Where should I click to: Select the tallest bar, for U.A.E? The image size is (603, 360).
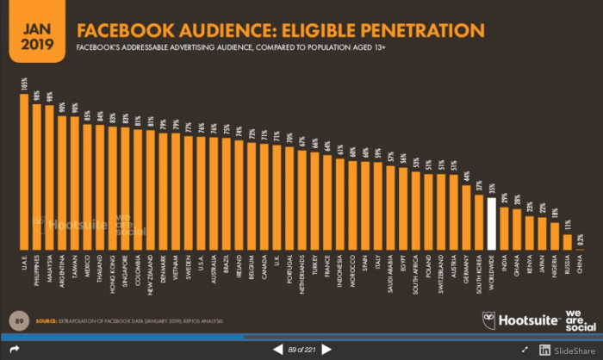tap(24, 171)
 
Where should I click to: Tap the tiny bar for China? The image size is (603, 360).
tap(580, 249)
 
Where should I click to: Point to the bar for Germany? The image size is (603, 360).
tap(466, 216)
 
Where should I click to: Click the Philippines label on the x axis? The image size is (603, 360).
tap(37, 268)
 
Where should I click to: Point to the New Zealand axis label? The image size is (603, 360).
tap(150, 270)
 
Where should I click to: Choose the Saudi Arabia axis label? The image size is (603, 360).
tap(390, 270)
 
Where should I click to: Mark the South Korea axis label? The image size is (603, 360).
tap(479, 269)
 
